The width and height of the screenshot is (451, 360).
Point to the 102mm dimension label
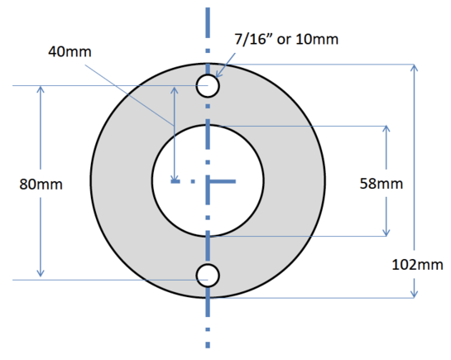coord(414,264)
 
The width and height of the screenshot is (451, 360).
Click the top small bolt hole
coord(207,85)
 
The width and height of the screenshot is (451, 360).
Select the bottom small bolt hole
coord(207,275)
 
